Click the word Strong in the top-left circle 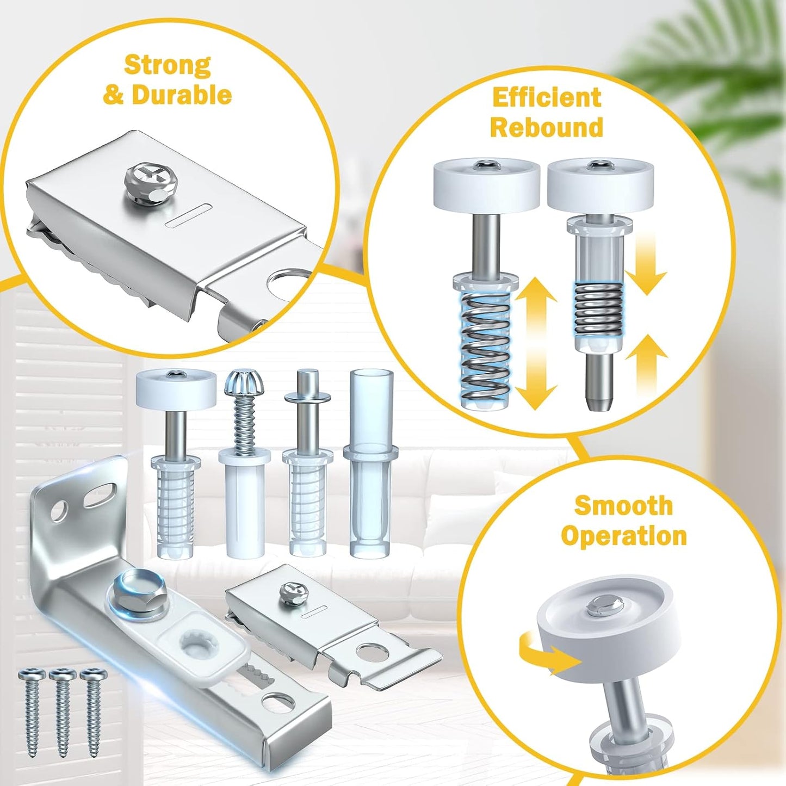point(167,65)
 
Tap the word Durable point(182,95)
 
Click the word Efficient point(547,98)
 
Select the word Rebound point(547,127)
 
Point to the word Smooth point(623,505)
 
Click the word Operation point(623,536)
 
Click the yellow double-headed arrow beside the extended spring point(536,343)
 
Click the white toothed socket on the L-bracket point(197,645)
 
